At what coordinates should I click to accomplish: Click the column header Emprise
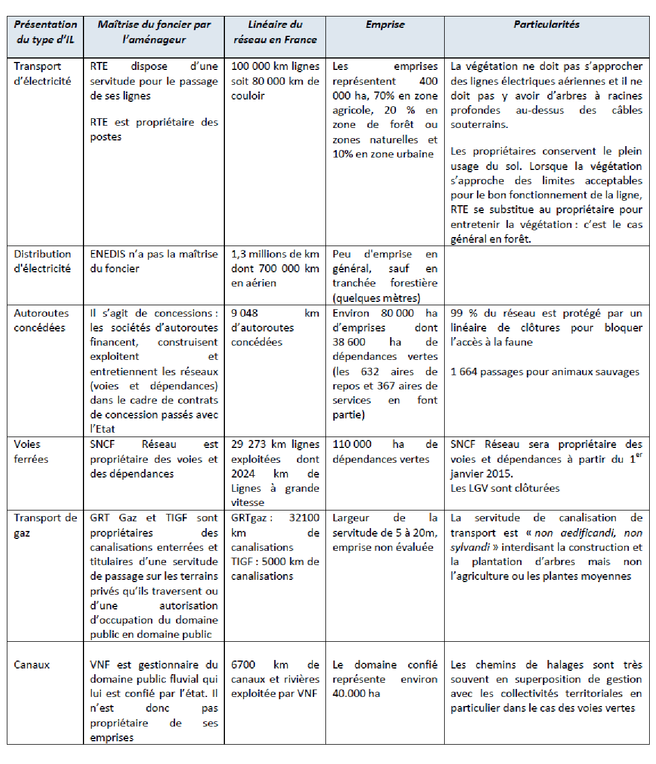(x=385, y=24)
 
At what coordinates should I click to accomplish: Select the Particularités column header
(x=546, y=24)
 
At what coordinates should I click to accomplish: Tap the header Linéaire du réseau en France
(x=275, y=32)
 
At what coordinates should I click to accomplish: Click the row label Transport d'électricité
(x=43, y=73)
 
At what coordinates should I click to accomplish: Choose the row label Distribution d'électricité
(x=43, y=261)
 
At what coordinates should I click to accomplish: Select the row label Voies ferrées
(x=31, y=451)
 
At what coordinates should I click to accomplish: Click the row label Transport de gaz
(x=45, y=525)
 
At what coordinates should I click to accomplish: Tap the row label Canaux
(x=32, y=665)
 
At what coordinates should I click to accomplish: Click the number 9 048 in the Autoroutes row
(x=244, y=313)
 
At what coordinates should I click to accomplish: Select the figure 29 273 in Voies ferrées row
(x=249, y=445)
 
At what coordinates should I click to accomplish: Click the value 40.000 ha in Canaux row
(x=356, y=694)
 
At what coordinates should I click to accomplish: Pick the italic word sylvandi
(x=470, y=547)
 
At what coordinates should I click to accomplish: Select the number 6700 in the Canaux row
(x=243, y=665)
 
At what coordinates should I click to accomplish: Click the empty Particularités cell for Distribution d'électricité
(x=546, y=275)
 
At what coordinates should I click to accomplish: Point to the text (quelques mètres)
(x=377, y=298)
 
